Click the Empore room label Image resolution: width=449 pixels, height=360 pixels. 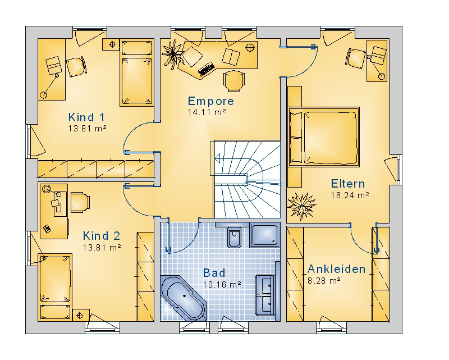[211, 101]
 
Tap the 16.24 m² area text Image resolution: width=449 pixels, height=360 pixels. [350, 195]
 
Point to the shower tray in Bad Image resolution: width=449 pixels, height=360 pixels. [264, 235]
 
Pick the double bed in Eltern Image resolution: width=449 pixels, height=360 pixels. [324, 136]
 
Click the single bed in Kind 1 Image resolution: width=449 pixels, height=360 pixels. [136, 73]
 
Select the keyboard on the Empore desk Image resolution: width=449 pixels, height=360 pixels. [206, 69]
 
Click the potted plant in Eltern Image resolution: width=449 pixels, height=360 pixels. [301, 206]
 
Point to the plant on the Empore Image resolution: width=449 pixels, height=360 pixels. [173, 54]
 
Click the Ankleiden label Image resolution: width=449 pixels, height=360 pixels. [336, 269]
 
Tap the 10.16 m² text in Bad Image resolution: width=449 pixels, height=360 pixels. [222, 285]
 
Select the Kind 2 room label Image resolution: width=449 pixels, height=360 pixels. [102, 236]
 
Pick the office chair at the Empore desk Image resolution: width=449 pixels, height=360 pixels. [234, 81]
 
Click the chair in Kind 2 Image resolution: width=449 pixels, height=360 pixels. [80, 202]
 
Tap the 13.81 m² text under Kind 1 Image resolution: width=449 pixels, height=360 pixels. [88, 129]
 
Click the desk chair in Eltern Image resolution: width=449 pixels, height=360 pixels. [355, 58]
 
